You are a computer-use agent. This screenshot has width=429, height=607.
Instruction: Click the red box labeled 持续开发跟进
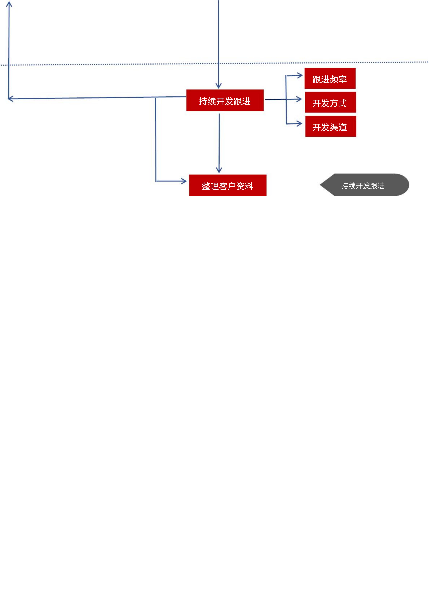[x=225, y=100]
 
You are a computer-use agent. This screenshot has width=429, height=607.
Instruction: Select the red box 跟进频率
[x=330, y=78]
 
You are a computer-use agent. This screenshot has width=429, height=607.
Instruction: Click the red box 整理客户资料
[x=228, y=185]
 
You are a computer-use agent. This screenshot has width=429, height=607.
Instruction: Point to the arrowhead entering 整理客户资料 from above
[x=219, y=170]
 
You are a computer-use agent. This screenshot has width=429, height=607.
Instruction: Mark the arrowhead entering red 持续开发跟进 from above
[x=219, y=85]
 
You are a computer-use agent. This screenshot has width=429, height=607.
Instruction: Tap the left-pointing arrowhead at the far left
[x=11, y=99]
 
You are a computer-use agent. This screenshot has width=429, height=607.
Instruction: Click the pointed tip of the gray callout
[x=320, y=185]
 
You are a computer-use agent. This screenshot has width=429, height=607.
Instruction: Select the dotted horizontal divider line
[x=215, y=64]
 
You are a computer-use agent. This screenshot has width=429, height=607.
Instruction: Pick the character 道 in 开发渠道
[x=343, y=127]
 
